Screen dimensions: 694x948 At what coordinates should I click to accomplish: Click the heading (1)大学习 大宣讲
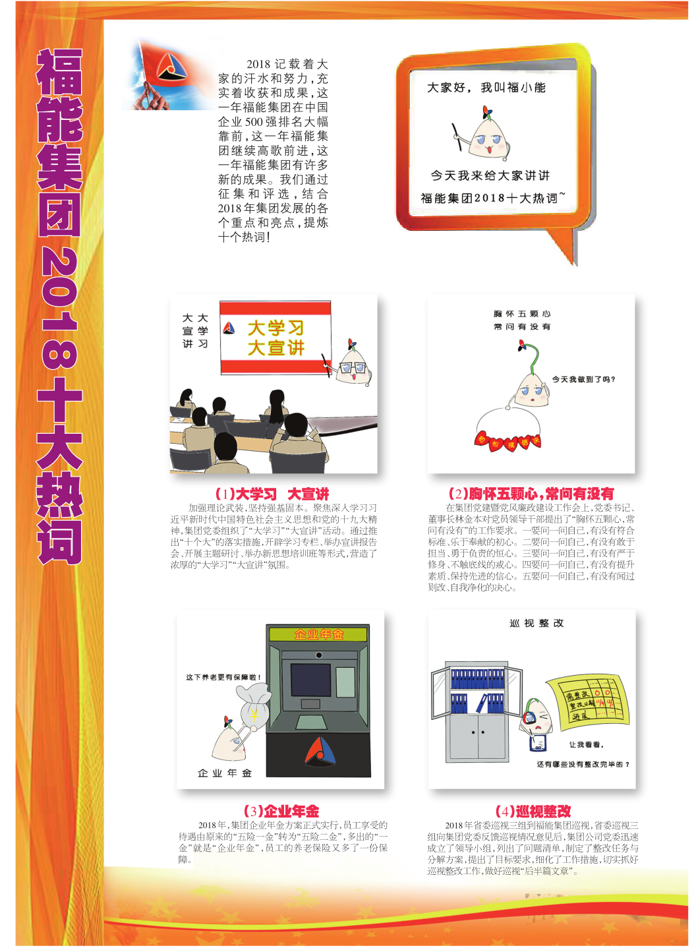pyautogui.click(x=272, y=494)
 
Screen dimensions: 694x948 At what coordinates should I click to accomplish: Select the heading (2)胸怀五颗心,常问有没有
pyautogui.click(x=531, y=494)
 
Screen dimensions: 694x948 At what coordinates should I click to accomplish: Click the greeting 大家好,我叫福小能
pyautogui.click(x=486, y=88)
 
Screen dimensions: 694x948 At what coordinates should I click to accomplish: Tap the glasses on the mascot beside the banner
pyautogui.click(x=353, y=368)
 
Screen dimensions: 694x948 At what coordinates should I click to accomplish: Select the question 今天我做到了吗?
pyautogui.click(x=583, y=379)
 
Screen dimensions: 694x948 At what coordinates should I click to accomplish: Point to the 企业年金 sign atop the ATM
pyautogui.click(x=319, y=634)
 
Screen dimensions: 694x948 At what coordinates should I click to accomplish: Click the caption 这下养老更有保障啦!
pyautogui.click(x=223, y=678)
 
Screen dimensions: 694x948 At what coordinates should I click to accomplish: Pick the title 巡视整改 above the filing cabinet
pyautogui.click(x=536, y=623)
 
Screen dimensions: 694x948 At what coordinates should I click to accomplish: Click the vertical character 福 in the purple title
pyautogui.click(x=60, y=72)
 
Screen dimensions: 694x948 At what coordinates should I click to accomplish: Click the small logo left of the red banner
pyautogui.click(x=229, y=327)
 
